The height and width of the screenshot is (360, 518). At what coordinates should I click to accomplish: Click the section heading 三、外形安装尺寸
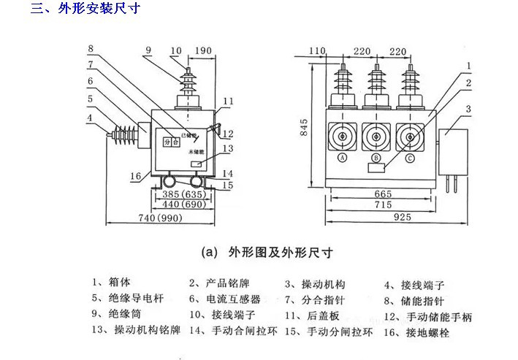click(83, 9)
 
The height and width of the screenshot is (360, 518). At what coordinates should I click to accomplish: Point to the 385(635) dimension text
click(181, 195)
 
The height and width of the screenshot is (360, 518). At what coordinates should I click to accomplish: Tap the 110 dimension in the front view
click(316, 50)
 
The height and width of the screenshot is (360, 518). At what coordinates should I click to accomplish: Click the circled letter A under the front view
click(341, 158)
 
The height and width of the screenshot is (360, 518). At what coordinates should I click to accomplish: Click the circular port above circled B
click(376, 136)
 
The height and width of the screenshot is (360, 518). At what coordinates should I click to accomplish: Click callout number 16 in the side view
click(135, 176)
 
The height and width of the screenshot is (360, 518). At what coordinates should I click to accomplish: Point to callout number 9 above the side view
click(148, 50)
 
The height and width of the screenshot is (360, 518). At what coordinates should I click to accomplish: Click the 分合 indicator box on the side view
click(170, 142)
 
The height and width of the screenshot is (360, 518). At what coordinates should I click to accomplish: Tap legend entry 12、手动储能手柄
click(427, 316)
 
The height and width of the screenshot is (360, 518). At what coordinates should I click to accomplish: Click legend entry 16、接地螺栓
click(418, 332)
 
